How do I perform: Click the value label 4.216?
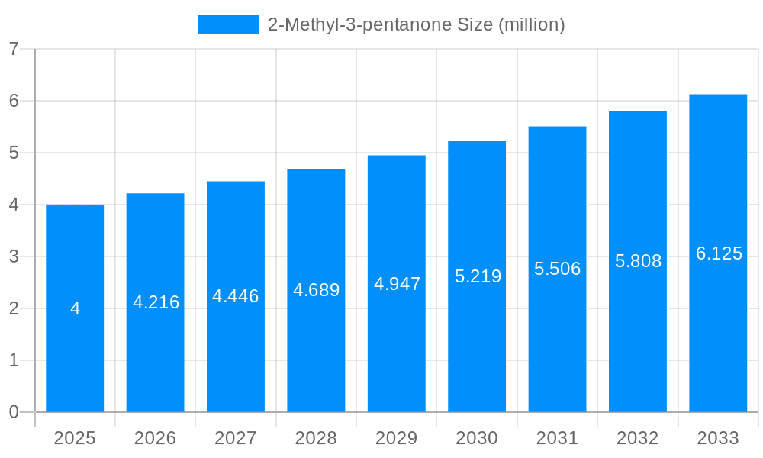(x=156, y=302)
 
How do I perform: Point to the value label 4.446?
(x=236, y=296)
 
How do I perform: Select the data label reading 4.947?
(x=397, y=284)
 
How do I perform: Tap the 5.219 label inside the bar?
(x=478, y=276)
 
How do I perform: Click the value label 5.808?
(x=638, y=261)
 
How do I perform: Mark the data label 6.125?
(x=719, y=253)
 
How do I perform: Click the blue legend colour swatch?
(x=228, y=24)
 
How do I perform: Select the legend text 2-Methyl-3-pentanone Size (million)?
(x=416, y=24)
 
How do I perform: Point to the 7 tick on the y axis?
(x=14, y=49)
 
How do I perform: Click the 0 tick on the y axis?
(x=14, y=412)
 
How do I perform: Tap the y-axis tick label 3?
(x=14, y=256)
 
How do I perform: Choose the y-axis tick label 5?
(x=14, y=153)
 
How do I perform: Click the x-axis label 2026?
(x=155, y=438)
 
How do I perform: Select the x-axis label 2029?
(x=397, y=438)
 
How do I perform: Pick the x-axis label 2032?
(x=638, y=438)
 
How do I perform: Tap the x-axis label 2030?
(x=477, y=438)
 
